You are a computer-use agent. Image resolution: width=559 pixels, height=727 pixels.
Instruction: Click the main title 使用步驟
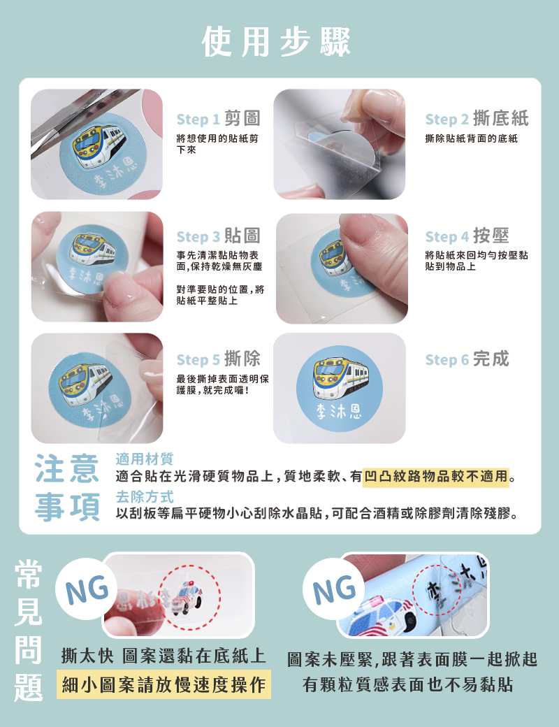(x=276, y=42)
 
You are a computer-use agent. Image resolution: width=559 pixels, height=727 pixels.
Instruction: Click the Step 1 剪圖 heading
(x=218, y=119)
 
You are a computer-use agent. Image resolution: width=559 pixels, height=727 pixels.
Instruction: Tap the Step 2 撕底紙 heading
(x=477, y=119)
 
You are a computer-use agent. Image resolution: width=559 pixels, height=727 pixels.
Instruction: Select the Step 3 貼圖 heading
(x=218, y=236)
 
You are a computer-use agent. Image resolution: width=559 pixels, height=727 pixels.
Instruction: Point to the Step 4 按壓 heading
(x=467, y=236)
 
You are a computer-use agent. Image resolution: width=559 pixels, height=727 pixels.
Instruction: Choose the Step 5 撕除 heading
(x=218, y=359)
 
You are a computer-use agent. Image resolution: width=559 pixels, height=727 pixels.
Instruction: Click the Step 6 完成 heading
(x=467, y=359)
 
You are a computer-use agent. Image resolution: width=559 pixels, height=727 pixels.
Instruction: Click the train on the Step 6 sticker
(x=341, y=378)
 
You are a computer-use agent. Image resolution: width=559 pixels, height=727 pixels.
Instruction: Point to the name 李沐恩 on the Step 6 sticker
(x=339, y=411)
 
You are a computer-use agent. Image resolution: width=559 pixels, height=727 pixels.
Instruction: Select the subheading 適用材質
(x=144, y=459)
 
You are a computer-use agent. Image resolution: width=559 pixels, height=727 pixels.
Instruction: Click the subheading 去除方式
(x=144, y=496)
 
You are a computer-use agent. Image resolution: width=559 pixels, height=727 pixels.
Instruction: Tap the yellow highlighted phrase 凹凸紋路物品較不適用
(x=436, y=476)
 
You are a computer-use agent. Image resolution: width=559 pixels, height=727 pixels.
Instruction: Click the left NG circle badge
(x=87, y=589)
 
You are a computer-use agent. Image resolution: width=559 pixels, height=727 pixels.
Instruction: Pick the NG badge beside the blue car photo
(x=334, y=589)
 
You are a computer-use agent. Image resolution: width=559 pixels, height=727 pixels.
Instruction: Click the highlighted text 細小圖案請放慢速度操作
(x=164, y=684)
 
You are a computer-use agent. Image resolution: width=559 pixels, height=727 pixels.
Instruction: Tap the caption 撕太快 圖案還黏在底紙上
(x=164, y=656)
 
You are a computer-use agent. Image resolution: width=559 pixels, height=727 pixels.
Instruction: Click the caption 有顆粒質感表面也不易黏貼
(x=408, y=684)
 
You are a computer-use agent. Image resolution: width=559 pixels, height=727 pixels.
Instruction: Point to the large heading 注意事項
(x=67, y=487)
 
